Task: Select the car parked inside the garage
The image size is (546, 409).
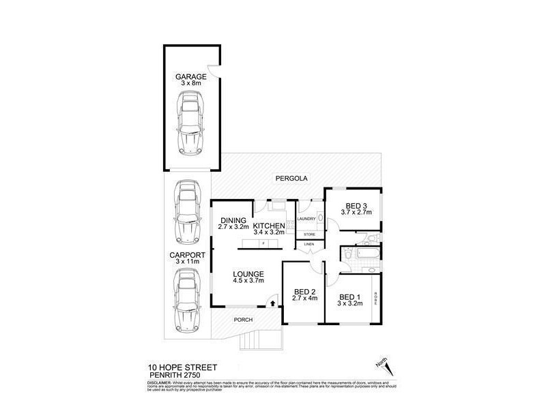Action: click(190, 123)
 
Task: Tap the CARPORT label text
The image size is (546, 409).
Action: click(186, 256)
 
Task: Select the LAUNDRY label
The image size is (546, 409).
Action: click(306, 219)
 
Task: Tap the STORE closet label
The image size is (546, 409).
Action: click(309, 234)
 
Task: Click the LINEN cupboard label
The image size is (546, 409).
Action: click(309, 243)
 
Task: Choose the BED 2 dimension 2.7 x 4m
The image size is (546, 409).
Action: click(305, 298)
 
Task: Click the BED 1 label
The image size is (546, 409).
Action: click(349, 297)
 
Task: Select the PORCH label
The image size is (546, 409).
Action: click(244, 320)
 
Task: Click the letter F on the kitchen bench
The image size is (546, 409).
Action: click(263, 243)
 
